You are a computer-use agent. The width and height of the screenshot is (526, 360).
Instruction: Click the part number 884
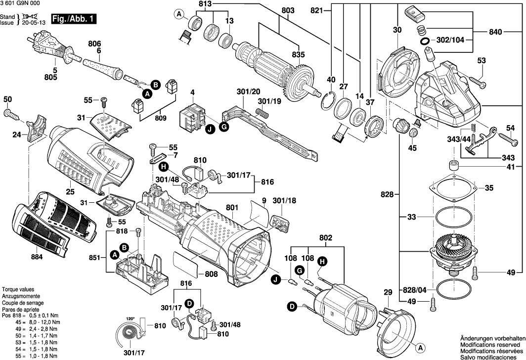(x=37, y=257)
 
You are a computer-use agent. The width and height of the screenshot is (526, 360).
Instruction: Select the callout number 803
(x=288, y=10)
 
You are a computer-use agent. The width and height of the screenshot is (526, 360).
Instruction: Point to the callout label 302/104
(x=451, y=41)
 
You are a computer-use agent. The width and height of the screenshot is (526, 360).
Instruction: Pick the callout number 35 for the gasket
(x=489, y=188)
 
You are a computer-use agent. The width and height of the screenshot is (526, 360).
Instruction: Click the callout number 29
(x=388, y=292)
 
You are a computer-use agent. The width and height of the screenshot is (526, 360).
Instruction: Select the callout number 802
(x=326, y=238)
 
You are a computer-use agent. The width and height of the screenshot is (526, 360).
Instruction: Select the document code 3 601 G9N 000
(x=20, y=4)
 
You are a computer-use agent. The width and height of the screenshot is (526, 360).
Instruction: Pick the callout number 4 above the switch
(x=192, y=92)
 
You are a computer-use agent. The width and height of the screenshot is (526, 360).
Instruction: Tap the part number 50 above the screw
(x=7, y=100)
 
